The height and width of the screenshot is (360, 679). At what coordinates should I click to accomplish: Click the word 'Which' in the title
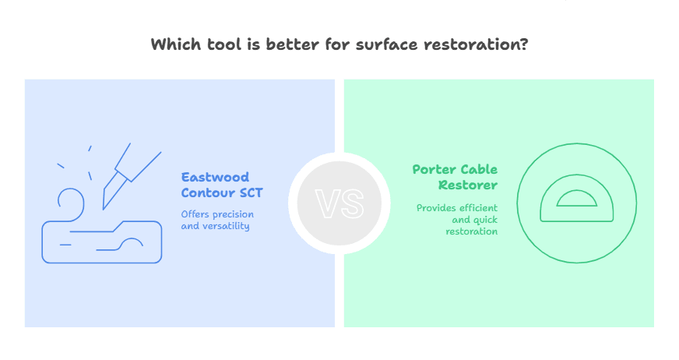(x=176, y=44)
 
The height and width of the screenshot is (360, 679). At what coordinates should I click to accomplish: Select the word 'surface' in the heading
(x=387, y=44)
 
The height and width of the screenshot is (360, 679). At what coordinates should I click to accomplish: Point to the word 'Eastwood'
(x=215, y=177)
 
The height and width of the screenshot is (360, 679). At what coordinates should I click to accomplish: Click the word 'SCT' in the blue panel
(x=252, y=192)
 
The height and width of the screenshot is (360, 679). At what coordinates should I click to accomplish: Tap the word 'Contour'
(x=208, y=192)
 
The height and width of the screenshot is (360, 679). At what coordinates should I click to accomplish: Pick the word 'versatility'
(x=226, y=227)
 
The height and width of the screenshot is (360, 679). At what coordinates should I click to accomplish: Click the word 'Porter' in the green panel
(x=434, y=170)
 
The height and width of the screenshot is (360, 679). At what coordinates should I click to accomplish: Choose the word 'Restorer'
(x=468, y=185)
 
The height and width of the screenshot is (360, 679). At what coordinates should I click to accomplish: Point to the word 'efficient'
(x=477, y=208)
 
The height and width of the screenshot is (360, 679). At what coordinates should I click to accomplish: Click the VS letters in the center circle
(x=339, y=203)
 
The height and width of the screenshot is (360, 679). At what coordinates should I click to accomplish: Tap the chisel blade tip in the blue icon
(x=103, y=210)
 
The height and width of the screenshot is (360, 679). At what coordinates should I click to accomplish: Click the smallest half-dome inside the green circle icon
(x=577, y=199)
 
